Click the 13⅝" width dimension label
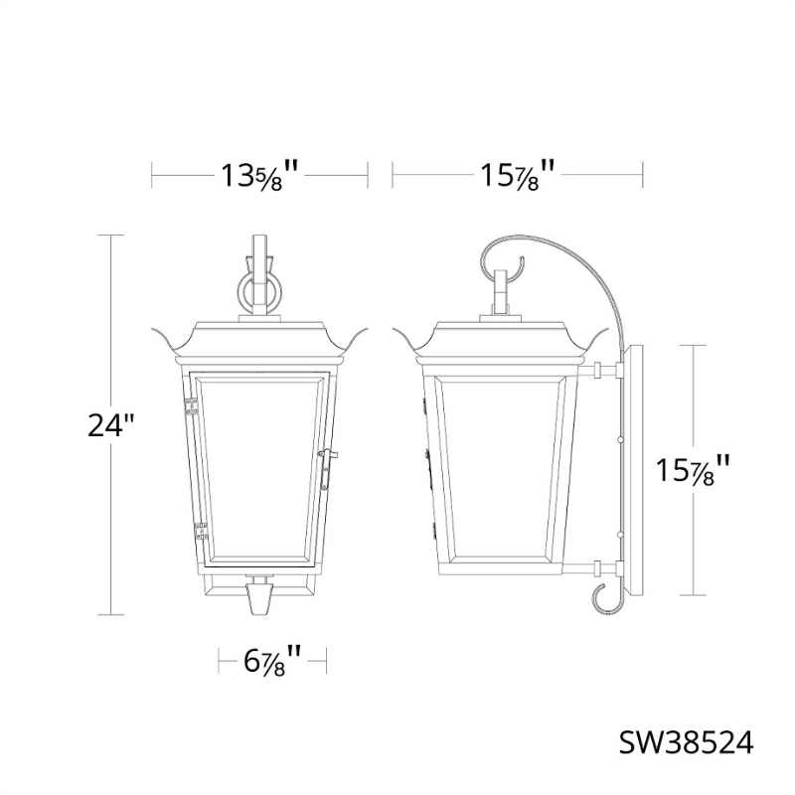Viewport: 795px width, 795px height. [x=258, y=175]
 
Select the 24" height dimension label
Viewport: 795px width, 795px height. [x=112, y=425]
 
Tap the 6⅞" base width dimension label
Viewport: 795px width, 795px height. [x=272, y=660]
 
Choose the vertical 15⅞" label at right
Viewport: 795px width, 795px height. [x=693, y=470]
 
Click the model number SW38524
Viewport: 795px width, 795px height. [x=687, y=743]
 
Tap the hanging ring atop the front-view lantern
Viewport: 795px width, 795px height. [x=259, y=290]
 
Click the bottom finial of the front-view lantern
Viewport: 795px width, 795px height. [x=258, y=598]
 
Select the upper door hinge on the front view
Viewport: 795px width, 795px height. [x=191, y=406]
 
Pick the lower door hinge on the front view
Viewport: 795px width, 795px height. [x=202, y=532]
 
